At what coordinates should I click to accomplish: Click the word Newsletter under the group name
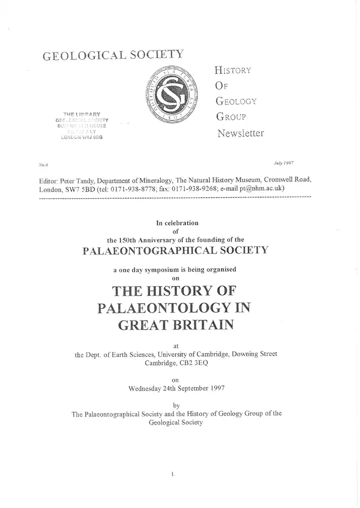click(241, 134)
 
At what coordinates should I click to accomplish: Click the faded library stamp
click(82, 125)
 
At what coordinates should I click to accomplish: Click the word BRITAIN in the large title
click(204, 324)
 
